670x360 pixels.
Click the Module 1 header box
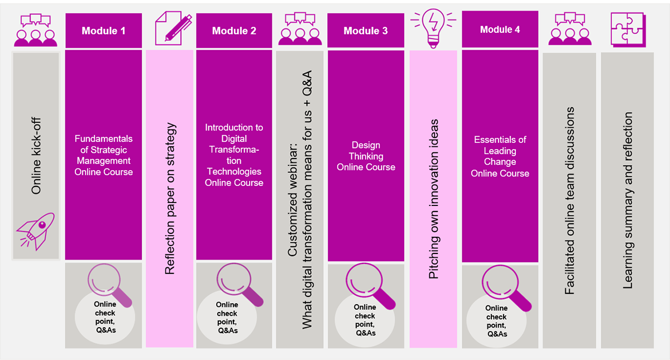pos(103,31)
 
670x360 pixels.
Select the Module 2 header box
pos(234,31)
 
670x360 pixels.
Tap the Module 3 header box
pos(366,31)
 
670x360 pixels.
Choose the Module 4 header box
pos(500,30)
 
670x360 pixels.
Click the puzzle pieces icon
pos(627,27)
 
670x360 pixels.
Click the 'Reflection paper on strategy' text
pos(170,198)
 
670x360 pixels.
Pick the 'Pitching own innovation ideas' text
pos(434,199)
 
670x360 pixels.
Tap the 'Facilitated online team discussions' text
pos(569,200)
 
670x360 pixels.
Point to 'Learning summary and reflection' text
pos(628,200)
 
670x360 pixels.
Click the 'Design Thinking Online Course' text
pos(366,156)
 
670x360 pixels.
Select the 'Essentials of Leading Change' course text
pos(500,156)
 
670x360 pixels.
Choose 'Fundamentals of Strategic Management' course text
pos(103,156)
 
